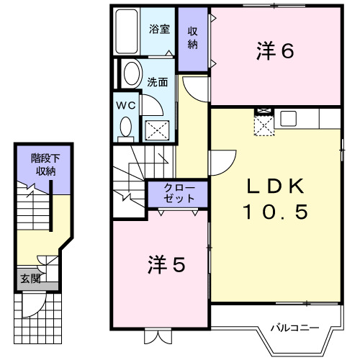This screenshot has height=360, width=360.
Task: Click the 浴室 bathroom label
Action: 159,30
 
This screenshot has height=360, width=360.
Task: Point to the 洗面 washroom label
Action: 158,82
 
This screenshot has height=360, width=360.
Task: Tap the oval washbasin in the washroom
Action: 131,74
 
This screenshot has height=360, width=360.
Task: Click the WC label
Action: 127,104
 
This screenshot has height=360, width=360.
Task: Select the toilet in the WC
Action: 127,128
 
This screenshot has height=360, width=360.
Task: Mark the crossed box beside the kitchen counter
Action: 264,125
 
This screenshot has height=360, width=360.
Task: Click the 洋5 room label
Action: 167,265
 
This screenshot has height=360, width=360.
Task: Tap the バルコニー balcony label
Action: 294,328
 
